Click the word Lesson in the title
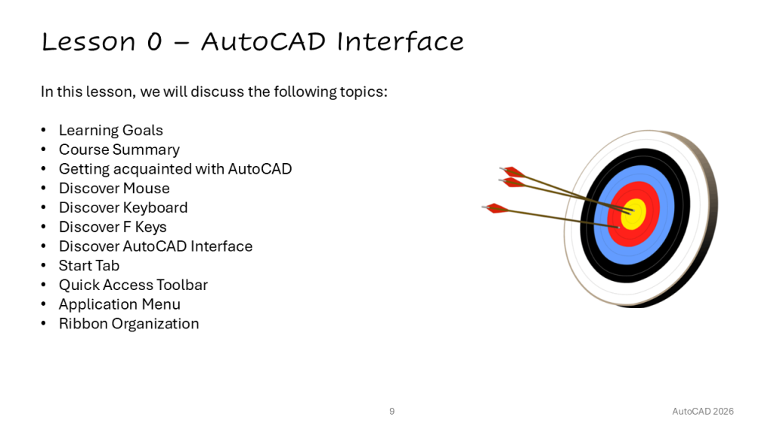[x=88, y=42]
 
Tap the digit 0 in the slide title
[x=154, y=42]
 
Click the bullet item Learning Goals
[x=110, y=130]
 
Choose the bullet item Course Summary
[x=119, y=150]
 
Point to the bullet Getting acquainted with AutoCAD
[x=175, y=168]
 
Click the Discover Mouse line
[x=114, y=188]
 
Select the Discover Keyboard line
[x=123, y=208]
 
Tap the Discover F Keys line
[x=113, y=227]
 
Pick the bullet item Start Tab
[x=89, y=265]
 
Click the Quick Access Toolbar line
[x=133, y=285]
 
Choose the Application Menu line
[x=119, y=304]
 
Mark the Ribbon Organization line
[x=128, y=323]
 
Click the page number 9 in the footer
[x=392, y=412]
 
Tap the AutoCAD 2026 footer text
[x=703, y=412]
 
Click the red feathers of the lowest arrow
[x=497, y=208]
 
